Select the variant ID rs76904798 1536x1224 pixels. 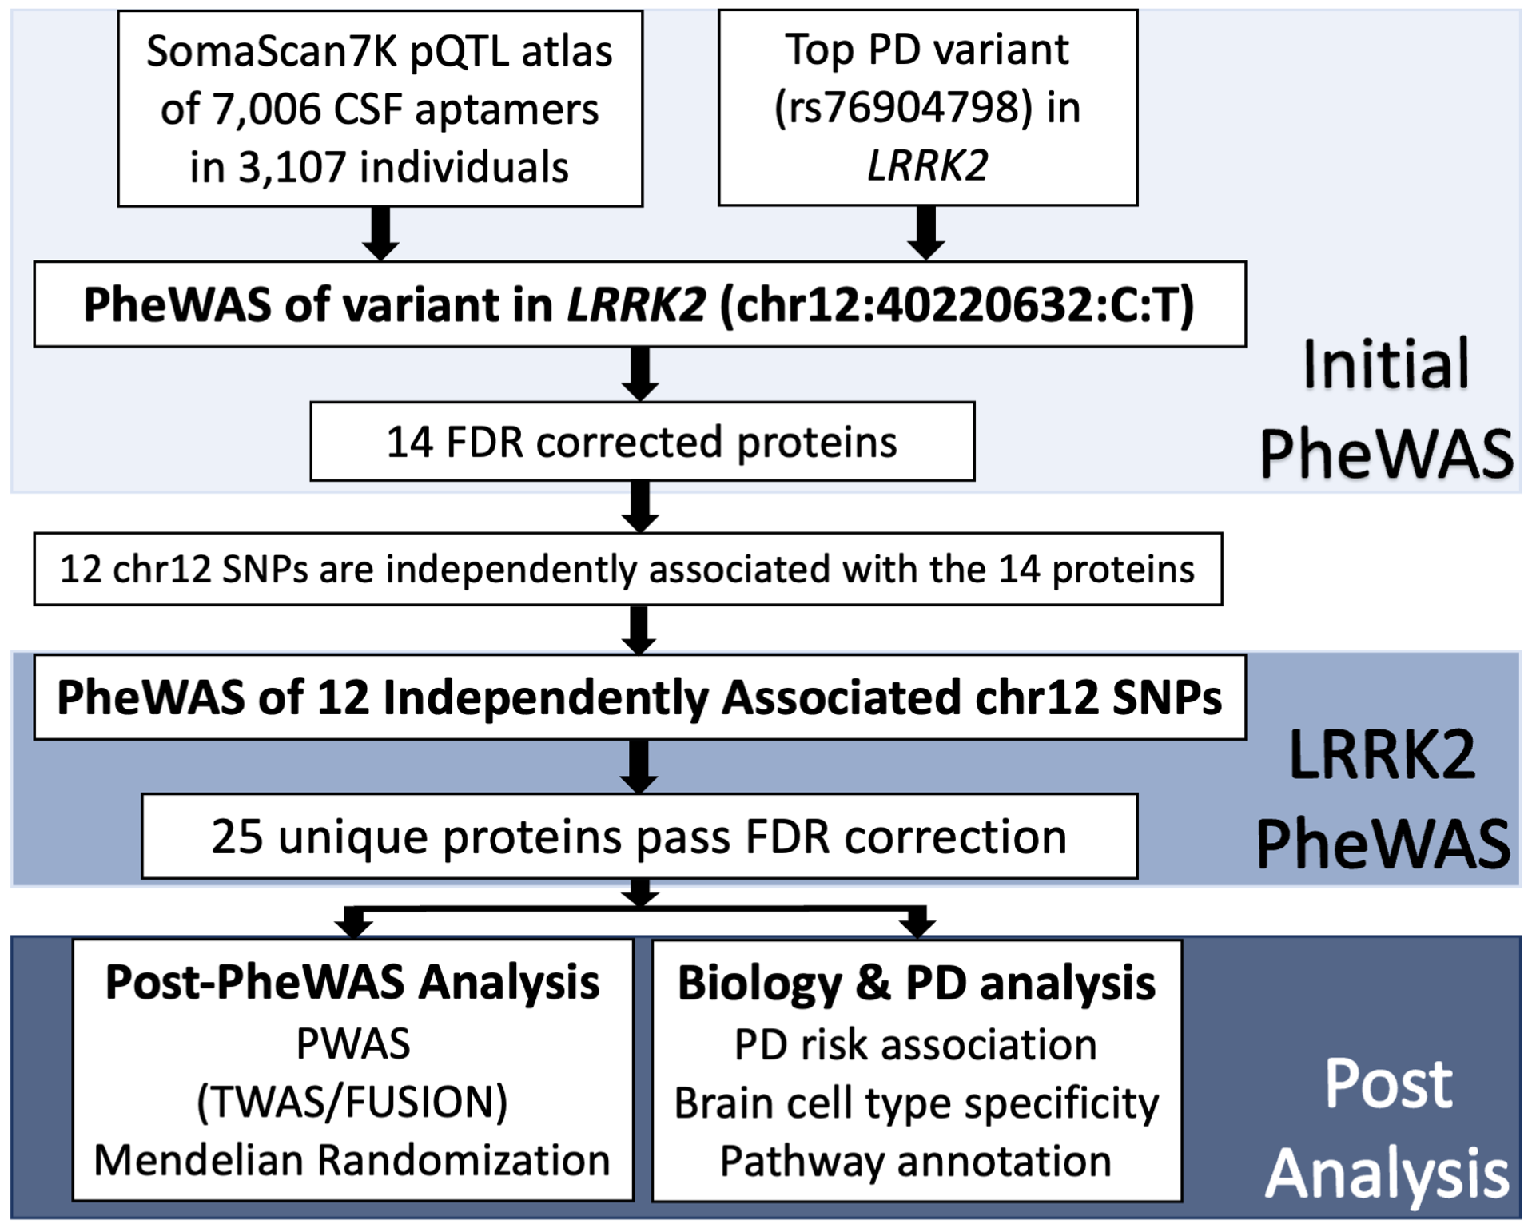click(x=903, y=108)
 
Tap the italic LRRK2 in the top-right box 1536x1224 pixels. click(x=927, y=166)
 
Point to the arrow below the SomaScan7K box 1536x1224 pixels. click(x=380, y=233)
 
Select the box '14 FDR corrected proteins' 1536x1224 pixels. click(x=642, y=442)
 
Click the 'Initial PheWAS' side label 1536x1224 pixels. click(x=1386, y=407)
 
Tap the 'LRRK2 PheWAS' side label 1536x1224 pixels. click(x=1383, y=799)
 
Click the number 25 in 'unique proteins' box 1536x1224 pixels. click(x=237, y=837)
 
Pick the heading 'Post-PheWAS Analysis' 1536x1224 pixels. click(x=352, y=982)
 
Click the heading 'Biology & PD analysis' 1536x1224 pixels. click(x=916, y=983)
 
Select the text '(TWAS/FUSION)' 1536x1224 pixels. click(x=352, y=1102)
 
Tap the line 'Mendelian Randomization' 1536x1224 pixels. click(x=352, y=1160)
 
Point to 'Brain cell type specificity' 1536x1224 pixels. click(x=916, y=1103)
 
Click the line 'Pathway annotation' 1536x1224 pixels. click(x=916, y=1161)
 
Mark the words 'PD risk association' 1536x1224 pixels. click(x=916, y=1045)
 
